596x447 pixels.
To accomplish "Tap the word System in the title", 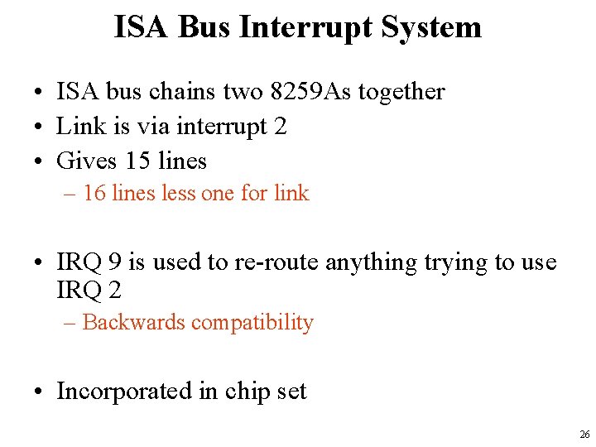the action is point(431,27).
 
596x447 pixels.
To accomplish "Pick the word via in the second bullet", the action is point(151,127).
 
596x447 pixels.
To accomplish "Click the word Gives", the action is point(87,161).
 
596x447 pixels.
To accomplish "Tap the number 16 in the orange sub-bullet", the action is point(94,194).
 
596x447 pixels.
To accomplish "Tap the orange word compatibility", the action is point(252,322).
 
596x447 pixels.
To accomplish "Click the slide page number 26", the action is point(584,435).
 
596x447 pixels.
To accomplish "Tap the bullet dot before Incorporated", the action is point(39,392).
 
